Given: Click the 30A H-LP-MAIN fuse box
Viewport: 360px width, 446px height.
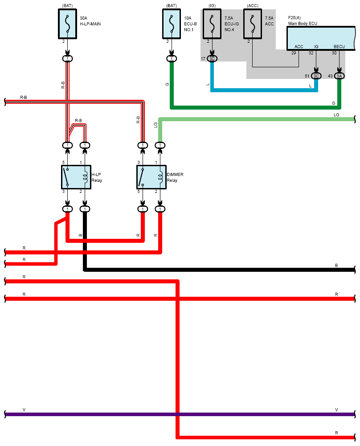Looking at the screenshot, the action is (67, 24).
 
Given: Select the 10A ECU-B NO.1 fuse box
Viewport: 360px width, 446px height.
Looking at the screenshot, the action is (172, 24).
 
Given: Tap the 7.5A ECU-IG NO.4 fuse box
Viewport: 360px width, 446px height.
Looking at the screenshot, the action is (212, 24).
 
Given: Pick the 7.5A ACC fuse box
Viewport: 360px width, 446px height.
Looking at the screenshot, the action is (253, 24).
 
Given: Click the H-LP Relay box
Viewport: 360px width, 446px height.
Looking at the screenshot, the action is (76, 177).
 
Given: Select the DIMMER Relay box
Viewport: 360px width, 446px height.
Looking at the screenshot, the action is (151, 177).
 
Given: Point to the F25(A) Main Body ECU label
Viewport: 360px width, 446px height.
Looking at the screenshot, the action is (303, 20).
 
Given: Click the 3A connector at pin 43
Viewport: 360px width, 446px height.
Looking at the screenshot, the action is (339, 76).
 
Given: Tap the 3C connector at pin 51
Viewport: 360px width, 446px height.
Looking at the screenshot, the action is (316, 76).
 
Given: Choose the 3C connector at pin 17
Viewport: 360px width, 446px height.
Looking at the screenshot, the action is (212, 59).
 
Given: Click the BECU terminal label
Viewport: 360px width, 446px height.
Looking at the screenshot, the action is (339, 47).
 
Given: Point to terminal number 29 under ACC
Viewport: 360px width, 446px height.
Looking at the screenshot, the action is (294, 53).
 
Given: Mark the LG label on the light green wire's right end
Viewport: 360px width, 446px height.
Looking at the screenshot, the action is (336, 115).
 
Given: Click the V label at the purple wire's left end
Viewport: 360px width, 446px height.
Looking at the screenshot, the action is (24, 410).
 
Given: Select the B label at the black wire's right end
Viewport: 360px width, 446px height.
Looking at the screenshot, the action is (336, 266).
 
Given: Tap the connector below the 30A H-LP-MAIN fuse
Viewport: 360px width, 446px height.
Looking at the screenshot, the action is (67, 59).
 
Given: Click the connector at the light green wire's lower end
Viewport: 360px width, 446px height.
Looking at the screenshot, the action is (160, 145).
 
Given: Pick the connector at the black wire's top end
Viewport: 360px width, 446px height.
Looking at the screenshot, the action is (85, 209).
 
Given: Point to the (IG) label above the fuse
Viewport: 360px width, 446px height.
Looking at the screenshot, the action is (212, 6).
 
